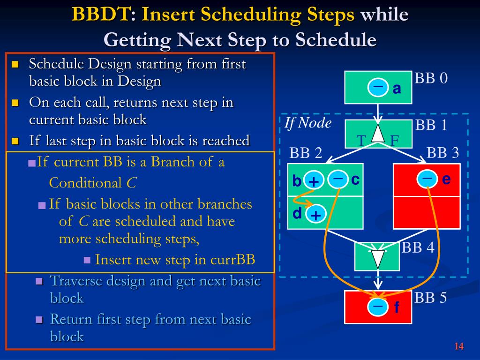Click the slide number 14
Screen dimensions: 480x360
(459, 346)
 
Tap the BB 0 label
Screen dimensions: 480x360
(431, 78)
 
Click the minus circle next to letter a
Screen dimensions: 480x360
(378, 88)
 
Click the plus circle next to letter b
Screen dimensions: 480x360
(314, 181)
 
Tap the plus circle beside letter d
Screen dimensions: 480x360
(316, 215)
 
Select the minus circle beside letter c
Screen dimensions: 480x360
(338, 180)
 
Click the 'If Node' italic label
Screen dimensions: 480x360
(308, 123)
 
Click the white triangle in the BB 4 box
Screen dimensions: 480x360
(377, 259)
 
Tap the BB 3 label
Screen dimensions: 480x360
(442, 153)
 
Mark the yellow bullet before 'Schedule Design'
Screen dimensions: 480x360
(15, 65)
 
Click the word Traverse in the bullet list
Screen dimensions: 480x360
(76, 281)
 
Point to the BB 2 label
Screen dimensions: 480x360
(306, 153)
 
